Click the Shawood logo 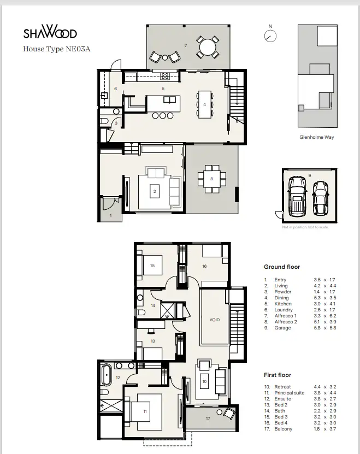[x=50, y=33]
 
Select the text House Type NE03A [x=56, y=49]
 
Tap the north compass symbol [x=270, y=36]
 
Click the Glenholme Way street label [x=317, y=137]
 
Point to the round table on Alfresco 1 [x=208, y=47]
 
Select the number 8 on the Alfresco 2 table [x=212, y=179]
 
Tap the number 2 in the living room [x=155, y=191]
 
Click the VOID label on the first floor [x=214, y=319]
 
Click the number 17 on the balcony [x=208, y=419]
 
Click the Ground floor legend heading [x=282, y=267]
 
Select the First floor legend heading [x=278, y=375]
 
